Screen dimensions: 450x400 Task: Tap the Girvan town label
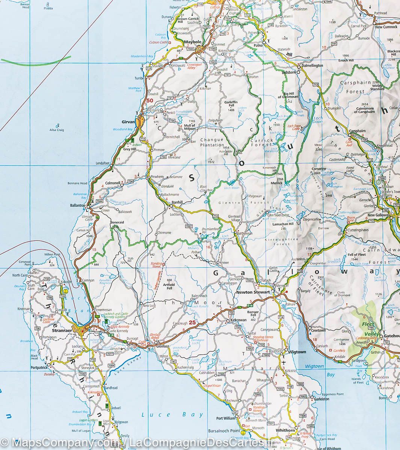[x=128, y=122]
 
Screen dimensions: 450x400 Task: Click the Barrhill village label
[x=177, y=202]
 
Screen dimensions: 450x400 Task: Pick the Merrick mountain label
[x=276, y=183]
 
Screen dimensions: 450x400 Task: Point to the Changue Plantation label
[x=212, y=142]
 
